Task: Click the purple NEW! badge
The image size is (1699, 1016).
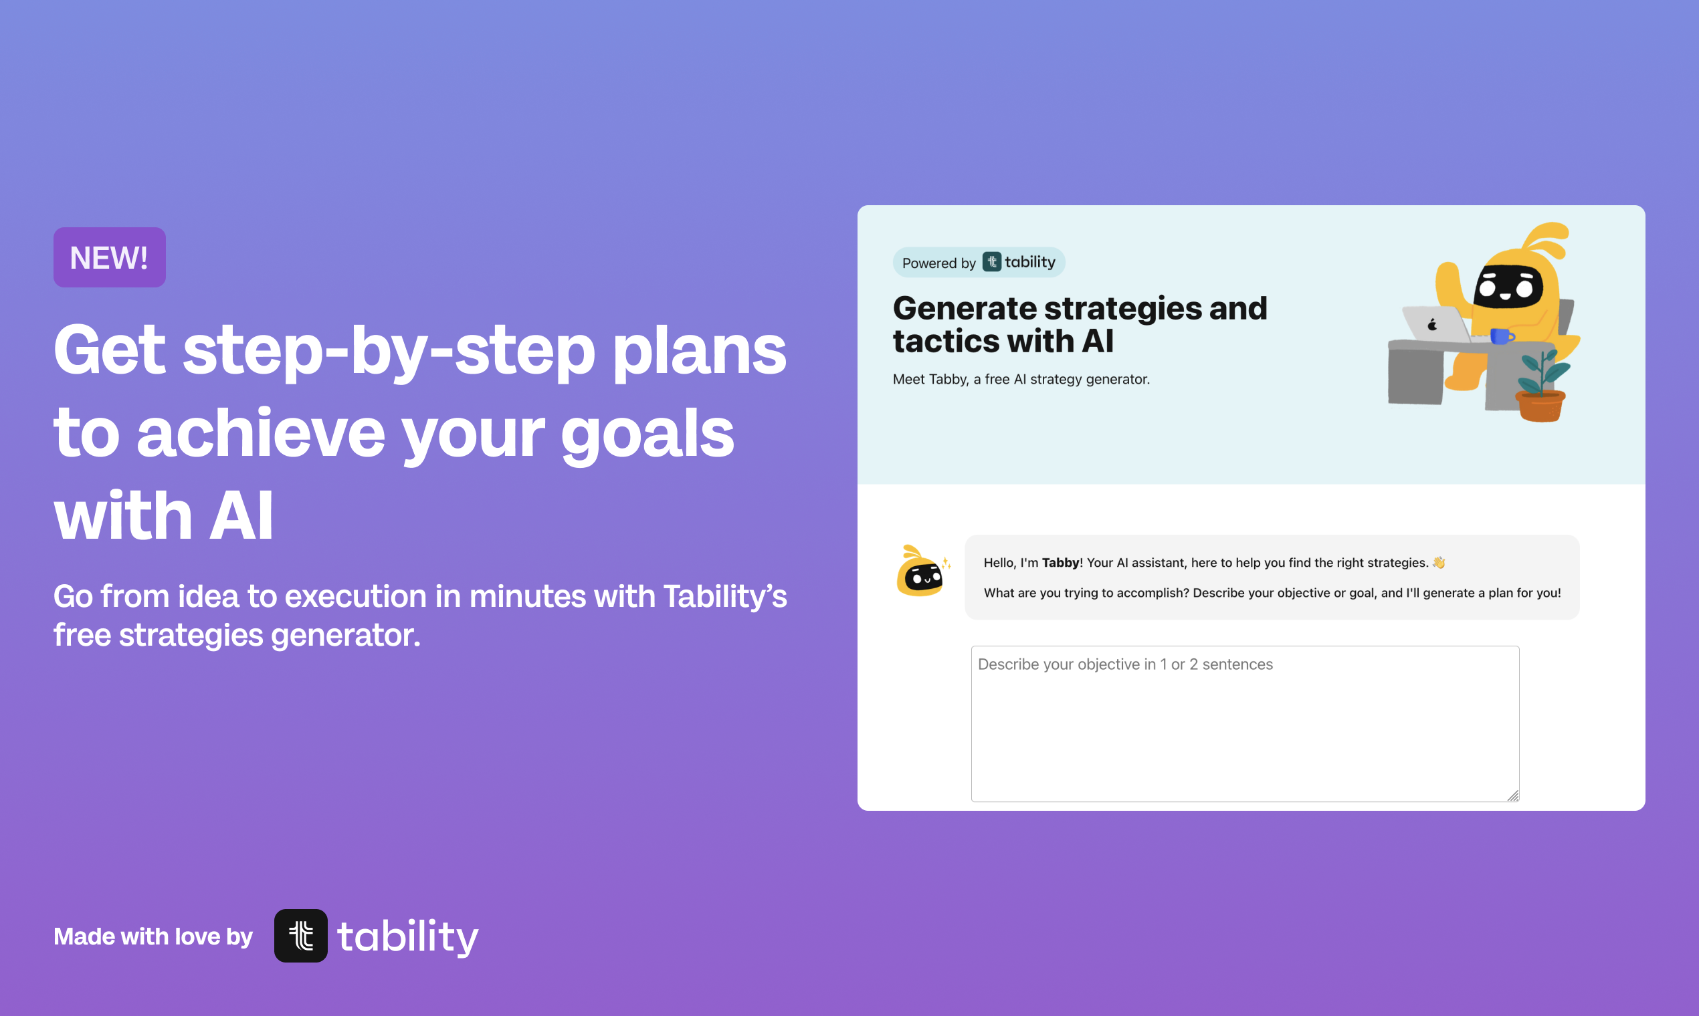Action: tap(110, 257)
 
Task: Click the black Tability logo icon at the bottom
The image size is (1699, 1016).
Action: tap(301, 936)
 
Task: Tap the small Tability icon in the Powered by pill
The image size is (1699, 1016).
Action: tap(991, 261)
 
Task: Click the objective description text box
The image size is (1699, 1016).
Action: tap(1245, 724)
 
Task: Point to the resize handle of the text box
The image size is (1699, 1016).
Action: tap(1512, 795)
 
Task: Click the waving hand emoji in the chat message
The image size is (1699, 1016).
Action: tap(1439, 562)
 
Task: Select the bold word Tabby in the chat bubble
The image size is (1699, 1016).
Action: tap(1060, 563)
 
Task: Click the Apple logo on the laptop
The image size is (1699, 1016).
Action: tap(1432, 324)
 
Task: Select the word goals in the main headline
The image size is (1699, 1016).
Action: tap(647, 435)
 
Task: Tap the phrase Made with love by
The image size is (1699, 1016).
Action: tap(153, 936)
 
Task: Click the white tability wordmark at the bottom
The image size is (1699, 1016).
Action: tap(407, 936)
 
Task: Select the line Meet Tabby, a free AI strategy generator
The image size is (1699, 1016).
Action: tap(1021, 379)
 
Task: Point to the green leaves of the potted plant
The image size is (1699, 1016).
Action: tap(1542, 371)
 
